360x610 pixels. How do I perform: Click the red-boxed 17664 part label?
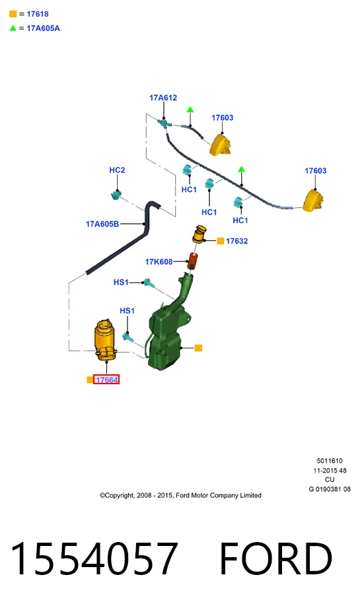106,380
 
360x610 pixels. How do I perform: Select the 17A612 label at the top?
163,98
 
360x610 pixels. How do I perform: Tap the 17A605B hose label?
102,224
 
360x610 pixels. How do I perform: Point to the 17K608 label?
159,262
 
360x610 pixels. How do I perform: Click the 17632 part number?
236,241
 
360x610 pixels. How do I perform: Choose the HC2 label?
117,170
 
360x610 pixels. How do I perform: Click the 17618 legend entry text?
38,14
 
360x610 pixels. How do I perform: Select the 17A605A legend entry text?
43,28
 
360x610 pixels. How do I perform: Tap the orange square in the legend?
13,14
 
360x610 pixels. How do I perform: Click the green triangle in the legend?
13,28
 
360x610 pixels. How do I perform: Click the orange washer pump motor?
105,339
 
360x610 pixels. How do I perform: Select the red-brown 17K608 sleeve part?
193,261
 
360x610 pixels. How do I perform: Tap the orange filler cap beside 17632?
199,234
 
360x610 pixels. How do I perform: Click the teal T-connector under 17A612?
164,123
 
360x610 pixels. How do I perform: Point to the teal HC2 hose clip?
116,195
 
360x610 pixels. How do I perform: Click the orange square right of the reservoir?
198,348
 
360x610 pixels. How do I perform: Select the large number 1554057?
94,558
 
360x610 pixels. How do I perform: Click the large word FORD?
276,559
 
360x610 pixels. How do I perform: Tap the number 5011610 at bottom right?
330,461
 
